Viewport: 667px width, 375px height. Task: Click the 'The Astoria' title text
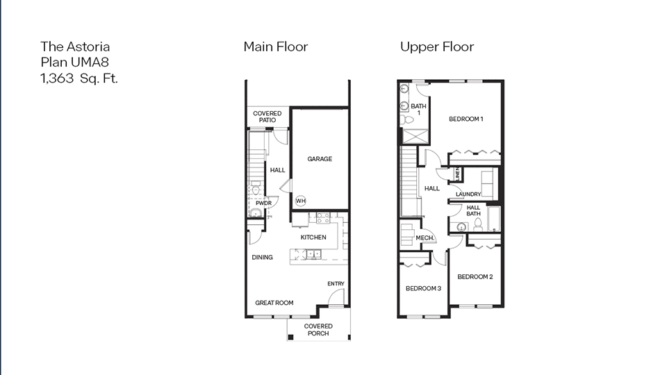coord(75,47)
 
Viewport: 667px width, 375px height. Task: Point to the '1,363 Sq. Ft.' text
coord(79,78)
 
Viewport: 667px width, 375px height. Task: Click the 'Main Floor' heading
coord(275,47)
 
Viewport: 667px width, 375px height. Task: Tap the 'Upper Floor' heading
coord(436,47)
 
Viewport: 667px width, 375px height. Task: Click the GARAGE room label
coord(320,159)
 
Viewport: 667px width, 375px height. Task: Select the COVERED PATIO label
coord(267,117)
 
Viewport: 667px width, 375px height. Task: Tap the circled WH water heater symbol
coord(301,201)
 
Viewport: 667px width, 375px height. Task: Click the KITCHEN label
coord(313,237)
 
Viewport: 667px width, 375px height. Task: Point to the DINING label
coord(262,258)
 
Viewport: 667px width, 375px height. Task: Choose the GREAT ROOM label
coord(274,303)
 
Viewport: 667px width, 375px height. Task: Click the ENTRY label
coord(336,284)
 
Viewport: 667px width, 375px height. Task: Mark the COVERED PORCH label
coord(318,330)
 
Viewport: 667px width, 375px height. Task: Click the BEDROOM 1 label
coord(466,119)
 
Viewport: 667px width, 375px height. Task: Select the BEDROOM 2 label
coord(475,276)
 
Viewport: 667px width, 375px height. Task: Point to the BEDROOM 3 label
coord(423,288)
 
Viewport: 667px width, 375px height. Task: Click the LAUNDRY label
coord(469,194)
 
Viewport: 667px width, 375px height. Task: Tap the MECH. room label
coord(425,238)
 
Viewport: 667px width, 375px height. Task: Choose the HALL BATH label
coord(473,211)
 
